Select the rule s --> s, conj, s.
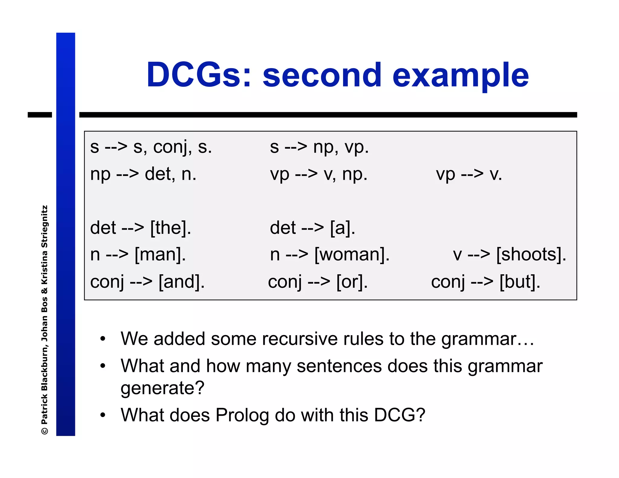(x=151, y=147)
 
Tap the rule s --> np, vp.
(x=319, y=147)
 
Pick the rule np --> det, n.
(x=143, y=174)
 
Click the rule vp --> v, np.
(x=319, y=174)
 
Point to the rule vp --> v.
(x=468, y=174)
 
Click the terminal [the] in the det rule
(x=171, y=228)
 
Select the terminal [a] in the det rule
(x=342, y=228)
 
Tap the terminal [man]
(x=160, y=255)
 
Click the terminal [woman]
(x=352, y=255)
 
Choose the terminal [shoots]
(x=531, y=255)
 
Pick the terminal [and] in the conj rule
(x=182, y=282)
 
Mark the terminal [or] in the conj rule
(x=352, y=282)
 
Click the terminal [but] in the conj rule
(x=520, y=282)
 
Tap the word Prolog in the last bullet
(x=242, y=415)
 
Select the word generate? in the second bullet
(x=163, y=388)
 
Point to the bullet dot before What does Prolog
(x=103, y=415)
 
